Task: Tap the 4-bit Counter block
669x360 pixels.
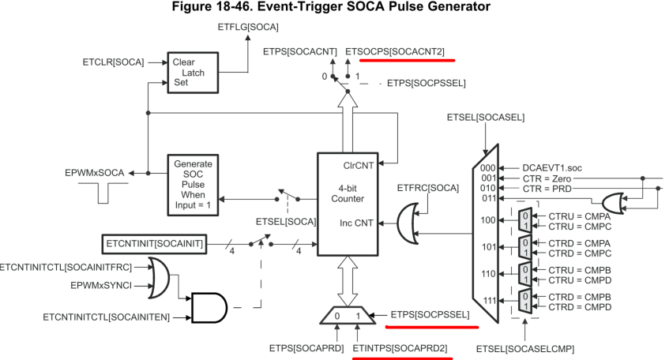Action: coord(348,194)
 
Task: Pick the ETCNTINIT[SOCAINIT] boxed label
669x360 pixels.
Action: coord(153,244)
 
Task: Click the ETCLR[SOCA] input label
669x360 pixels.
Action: coord(113,61)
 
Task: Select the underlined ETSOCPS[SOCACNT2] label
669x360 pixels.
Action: coord(395,52)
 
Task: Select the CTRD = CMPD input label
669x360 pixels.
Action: coord(566,306)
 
